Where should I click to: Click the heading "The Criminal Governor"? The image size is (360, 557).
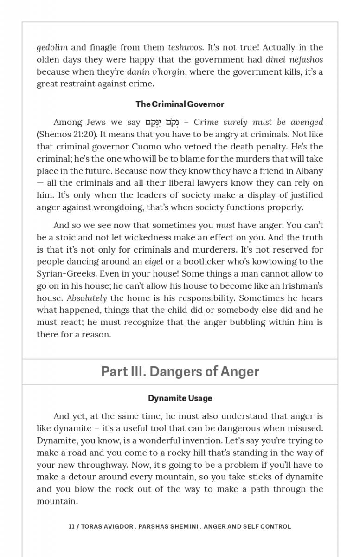click(x=180, y=104)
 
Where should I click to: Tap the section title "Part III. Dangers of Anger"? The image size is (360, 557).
click(x=180, y=372)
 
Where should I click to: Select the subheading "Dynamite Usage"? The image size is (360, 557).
click(x=180, y=398)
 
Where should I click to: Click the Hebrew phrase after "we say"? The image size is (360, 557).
click(x=161, y=123)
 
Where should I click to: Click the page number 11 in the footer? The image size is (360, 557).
click(x=71, y=527)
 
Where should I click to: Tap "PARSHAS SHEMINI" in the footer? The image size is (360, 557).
click(x=170, y=527)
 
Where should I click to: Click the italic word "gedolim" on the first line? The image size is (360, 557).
click(x=52, y=47)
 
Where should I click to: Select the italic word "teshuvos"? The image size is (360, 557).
click(x=185, y=47)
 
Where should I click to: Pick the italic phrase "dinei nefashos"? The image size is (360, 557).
click(x=294, y=59)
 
